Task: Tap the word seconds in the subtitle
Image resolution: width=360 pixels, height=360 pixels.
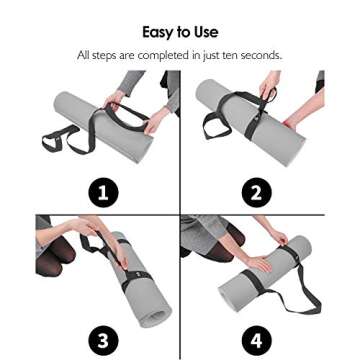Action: point(260,54)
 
